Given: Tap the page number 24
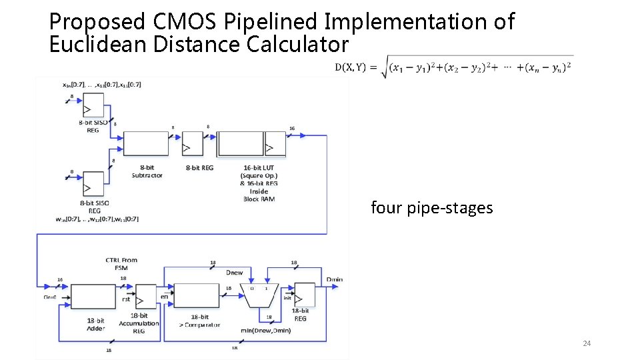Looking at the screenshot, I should pyautogui.click(x=587, y=343).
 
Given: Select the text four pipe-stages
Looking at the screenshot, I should pyautogui.click(x=431, y=208).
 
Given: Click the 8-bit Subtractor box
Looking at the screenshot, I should pyautogui.click(x=146, y=143).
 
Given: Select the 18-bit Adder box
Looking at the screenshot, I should pyautogui.click(x=93, y=295).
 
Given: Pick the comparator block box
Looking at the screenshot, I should pyautogui.click(x=197, y=295).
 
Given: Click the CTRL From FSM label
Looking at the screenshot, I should pyautogui.click(x=121, y=263).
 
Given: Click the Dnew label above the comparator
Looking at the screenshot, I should pyautogui.click(x=234, y=272).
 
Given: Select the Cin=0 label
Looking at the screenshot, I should pyautogui.click(x=50, y=297).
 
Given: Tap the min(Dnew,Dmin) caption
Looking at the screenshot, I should pyautogui.click(x=265, y=330).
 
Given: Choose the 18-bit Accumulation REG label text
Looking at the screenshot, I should pyautogui.click(x=139, y=323).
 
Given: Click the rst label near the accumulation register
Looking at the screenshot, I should pyautogui.click(x=126, y=299).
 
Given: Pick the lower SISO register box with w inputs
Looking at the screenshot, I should pyautogui.click(x=93, y=181).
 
